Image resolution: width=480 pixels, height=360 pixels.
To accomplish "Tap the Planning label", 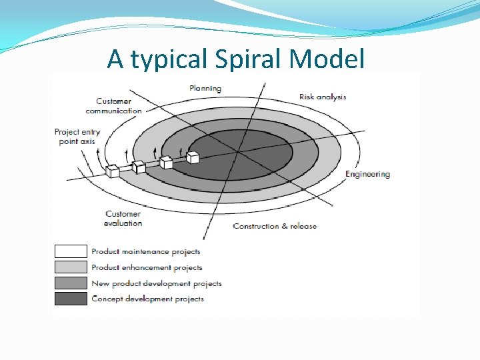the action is (x=205, y=88).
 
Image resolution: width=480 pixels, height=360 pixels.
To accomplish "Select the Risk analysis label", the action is (x=323, y=97).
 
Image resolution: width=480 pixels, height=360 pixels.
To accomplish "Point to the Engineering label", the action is (x=367, y=174).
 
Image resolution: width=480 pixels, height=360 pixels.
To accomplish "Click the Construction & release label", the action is (x=275, y=226).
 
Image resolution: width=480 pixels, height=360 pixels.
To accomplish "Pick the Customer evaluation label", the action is (x=123, y=219).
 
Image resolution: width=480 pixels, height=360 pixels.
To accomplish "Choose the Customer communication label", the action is (x=113, y=106).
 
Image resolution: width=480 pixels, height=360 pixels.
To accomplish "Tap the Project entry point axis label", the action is (x=77, y=137).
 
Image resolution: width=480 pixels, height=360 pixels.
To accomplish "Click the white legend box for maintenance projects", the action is (x=71, y=251).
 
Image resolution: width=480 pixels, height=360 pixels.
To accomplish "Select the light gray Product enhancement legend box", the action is (x=71, y=267).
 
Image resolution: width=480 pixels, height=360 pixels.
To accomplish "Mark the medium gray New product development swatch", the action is (x=71, y=283).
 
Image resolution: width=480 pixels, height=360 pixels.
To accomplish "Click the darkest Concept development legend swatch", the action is (x=71, y=298).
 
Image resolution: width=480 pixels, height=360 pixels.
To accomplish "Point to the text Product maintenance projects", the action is (x=145, y=251).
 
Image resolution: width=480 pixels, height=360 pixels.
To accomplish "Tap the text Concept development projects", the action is (x=147, y=299).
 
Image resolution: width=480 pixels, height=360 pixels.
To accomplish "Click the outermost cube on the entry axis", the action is (x=112, y=171).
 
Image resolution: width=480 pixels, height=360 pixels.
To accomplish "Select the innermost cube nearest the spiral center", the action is (x=193, y=157).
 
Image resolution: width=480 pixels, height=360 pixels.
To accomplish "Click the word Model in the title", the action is (x=327, y=59).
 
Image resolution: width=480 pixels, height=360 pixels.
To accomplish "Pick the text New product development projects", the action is (x=156, y=283).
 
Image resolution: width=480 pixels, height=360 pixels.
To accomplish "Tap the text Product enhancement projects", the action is (x=147, y=267).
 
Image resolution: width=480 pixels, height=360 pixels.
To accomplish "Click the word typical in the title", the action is (x=169, y=59).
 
